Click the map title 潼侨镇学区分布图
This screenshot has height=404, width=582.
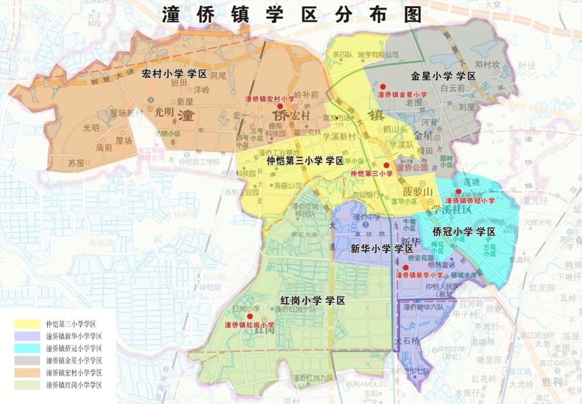tap(292, 16)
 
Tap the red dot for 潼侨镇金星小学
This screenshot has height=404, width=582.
tap(382, 86)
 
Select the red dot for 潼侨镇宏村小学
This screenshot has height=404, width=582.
tap(280, 106)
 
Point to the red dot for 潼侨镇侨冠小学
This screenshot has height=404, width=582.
tap(459, 191)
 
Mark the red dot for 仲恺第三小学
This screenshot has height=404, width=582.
tap(386, 165)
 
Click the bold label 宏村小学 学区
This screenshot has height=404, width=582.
tap(175, 74)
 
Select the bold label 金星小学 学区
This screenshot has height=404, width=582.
tap(443, 76)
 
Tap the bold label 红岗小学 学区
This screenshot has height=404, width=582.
tap(313, 301)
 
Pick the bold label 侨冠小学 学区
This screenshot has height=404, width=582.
tap(464, 231)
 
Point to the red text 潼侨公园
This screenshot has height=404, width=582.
tap(412, 167)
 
